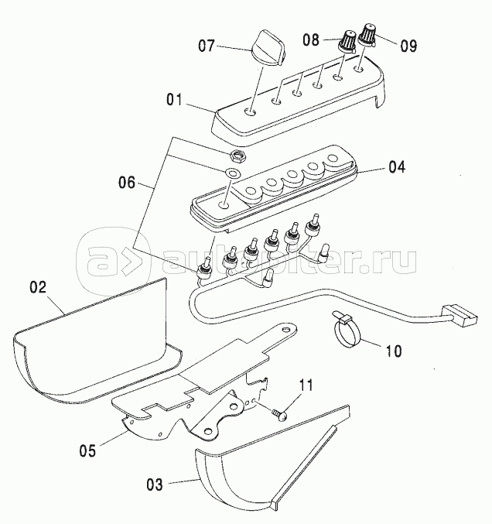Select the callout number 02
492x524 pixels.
click(39, 287)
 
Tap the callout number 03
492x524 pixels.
click(155, 485)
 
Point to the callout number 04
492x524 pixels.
click(396, 166)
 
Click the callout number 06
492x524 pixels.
click(127, 183)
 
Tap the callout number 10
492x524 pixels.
click(393, 351)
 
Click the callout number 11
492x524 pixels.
click(306, 385)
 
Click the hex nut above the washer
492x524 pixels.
click(238, 156)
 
